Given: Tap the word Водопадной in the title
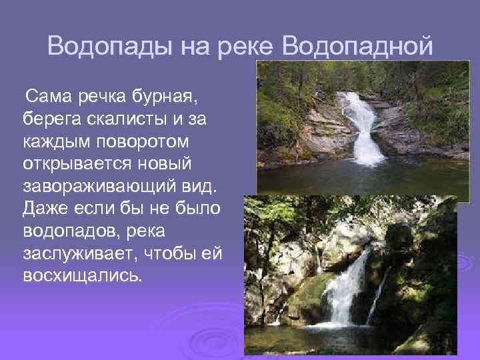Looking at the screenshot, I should [358, 47].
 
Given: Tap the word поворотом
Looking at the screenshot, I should [134, 142].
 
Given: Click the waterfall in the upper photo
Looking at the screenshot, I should [360, 127].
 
